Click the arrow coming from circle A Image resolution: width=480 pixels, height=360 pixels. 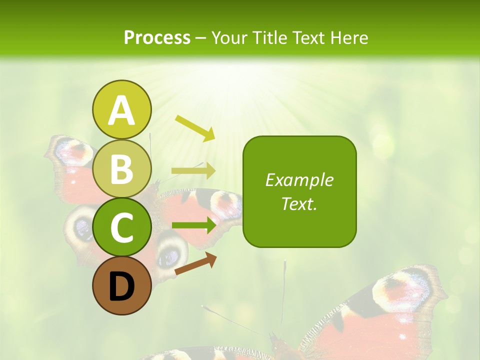tap(195, 127)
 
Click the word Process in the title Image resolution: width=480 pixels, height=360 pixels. tap(157, 37)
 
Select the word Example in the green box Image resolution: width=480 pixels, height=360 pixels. tap(299, 180)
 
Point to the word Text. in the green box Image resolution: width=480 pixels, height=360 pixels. tap(299, 203)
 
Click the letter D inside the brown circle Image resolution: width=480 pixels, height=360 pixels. tap(121, 287)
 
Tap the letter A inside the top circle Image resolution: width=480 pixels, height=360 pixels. tap(121, 110)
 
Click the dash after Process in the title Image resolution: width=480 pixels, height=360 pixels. tap(200, 38)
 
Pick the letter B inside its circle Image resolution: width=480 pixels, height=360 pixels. tap(121, 169)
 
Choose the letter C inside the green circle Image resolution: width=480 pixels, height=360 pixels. tap(121, 227)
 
